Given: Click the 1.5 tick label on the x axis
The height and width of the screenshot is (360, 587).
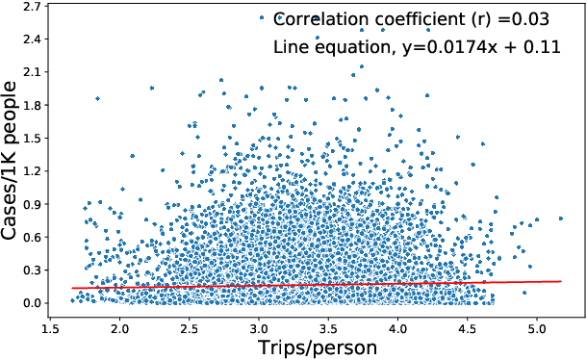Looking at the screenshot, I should pyautogui.click(x=51, y=326).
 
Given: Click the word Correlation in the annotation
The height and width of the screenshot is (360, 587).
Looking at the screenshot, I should pyautogui.click(x=323, y=18).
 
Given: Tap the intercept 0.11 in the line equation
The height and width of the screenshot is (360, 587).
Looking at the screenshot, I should pyautogui.click(x=543, y=47).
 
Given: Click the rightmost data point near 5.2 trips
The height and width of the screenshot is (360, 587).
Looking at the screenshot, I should pyautogui.click(x=560, y=219).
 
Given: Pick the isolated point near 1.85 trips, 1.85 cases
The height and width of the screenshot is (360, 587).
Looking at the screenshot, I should pyautogui.click(x=97, y=98).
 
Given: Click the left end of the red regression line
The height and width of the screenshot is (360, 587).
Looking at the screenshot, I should pyautogui.click(x=72, y=288).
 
